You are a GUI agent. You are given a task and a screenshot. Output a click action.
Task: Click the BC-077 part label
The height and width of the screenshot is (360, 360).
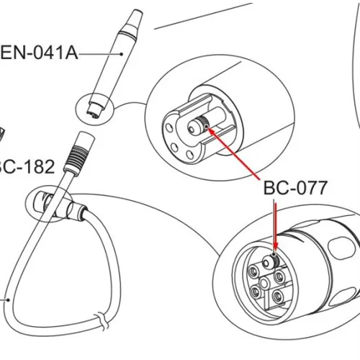[295, 188]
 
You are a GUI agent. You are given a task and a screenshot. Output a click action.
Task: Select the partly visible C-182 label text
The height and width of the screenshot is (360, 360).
[27, 167]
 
